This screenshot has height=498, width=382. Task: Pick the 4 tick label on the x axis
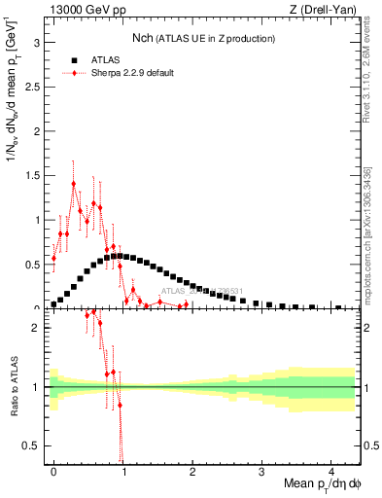[x=331, y=470]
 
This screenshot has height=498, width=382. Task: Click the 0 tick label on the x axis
[x=53, y=470]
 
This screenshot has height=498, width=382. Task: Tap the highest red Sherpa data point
[x=74, y=183]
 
